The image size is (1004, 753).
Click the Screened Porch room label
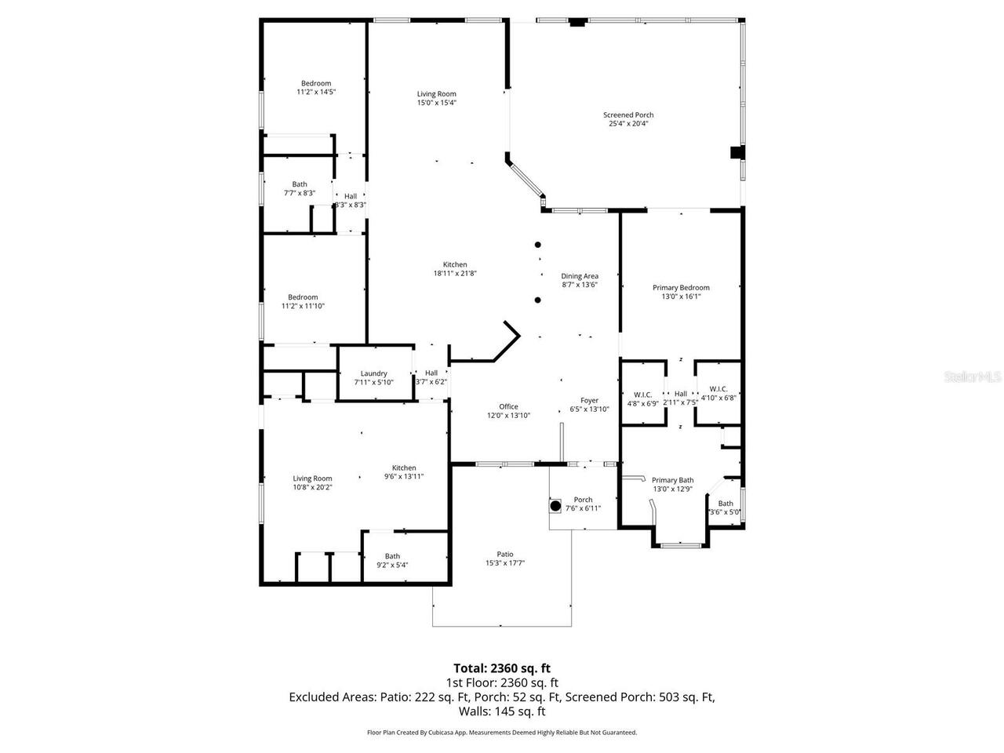click(x=627, y=115)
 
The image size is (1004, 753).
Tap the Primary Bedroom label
click(x=681, y=288)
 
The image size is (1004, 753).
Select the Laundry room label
click(x=373, y=373)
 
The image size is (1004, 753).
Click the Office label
click(x=508, y=406)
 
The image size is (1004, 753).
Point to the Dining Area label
click(x=580, y=276)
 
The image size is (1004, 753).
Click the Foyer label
click(x=589, y=400)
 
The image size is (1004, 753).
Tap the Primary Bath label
click(x=672, y=480)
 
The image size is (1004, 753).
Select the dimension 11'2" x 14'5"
click(x=316, y=92)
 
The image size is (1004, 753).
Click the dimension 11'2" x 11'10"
click(x=303, y=306)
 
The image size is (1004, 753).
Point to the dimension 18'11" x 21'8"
click(x=455, y=274)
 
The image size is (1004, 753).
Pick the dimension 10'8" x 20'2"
click(x=312, y=487)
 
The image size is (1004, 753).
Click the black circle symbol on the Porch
click(x=555, y=506)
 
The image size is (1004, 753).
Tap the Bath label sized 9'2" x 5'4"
click(x=392, y=556)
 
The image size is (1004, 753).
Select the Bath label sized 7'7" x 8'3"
click(x=300, y=184)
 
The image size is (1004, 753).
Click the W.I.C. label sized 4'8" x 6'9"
click(x=643, y=395)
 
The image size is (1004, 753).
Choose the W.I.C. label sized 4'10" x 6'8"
click(x=718, y=389)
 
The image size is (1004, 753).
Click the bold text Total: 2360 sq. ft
click(x=502, y=668)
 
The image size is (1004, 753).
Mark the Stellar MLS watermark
click(x=973, y=377)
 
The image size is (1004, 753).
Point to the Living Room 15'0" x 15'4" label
click(x=436, y=94)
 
